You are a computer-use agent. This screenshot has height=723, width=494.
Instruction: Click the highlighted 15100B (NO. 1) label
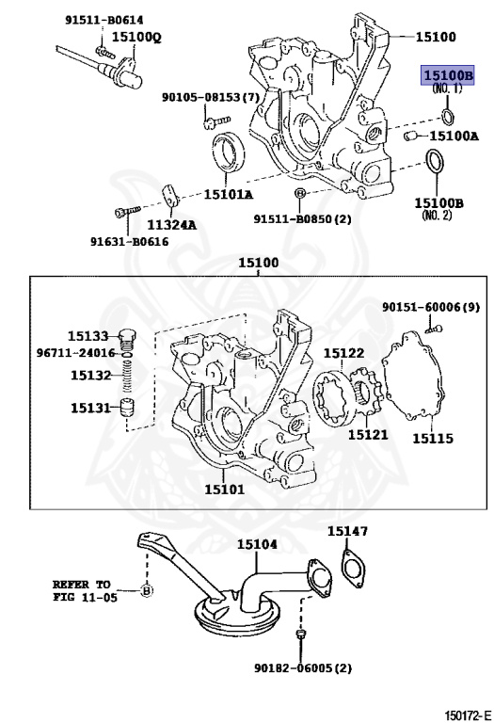coord(448,75)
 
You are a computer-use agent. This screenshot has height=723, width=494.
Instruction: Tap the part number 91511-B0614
coord(104,20)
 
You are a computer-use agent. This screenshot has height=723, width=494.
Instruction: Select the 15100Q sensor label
coord(136,37)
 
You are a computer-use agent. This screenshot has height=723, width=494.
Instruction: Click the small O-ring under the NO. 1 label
coord(448,116)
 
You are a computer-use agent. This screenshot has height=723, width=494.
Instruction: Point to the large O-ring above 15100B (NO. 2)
coord(435,163)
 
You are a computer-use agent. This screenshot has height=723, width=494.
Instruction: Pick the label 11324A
coord(171,225)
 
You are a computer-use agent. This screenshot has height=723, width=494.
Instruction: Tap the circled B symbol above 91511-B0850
coord(299,193)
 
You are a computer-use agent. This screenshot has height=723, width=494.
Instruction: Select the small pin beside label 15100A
coord(409,136)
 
